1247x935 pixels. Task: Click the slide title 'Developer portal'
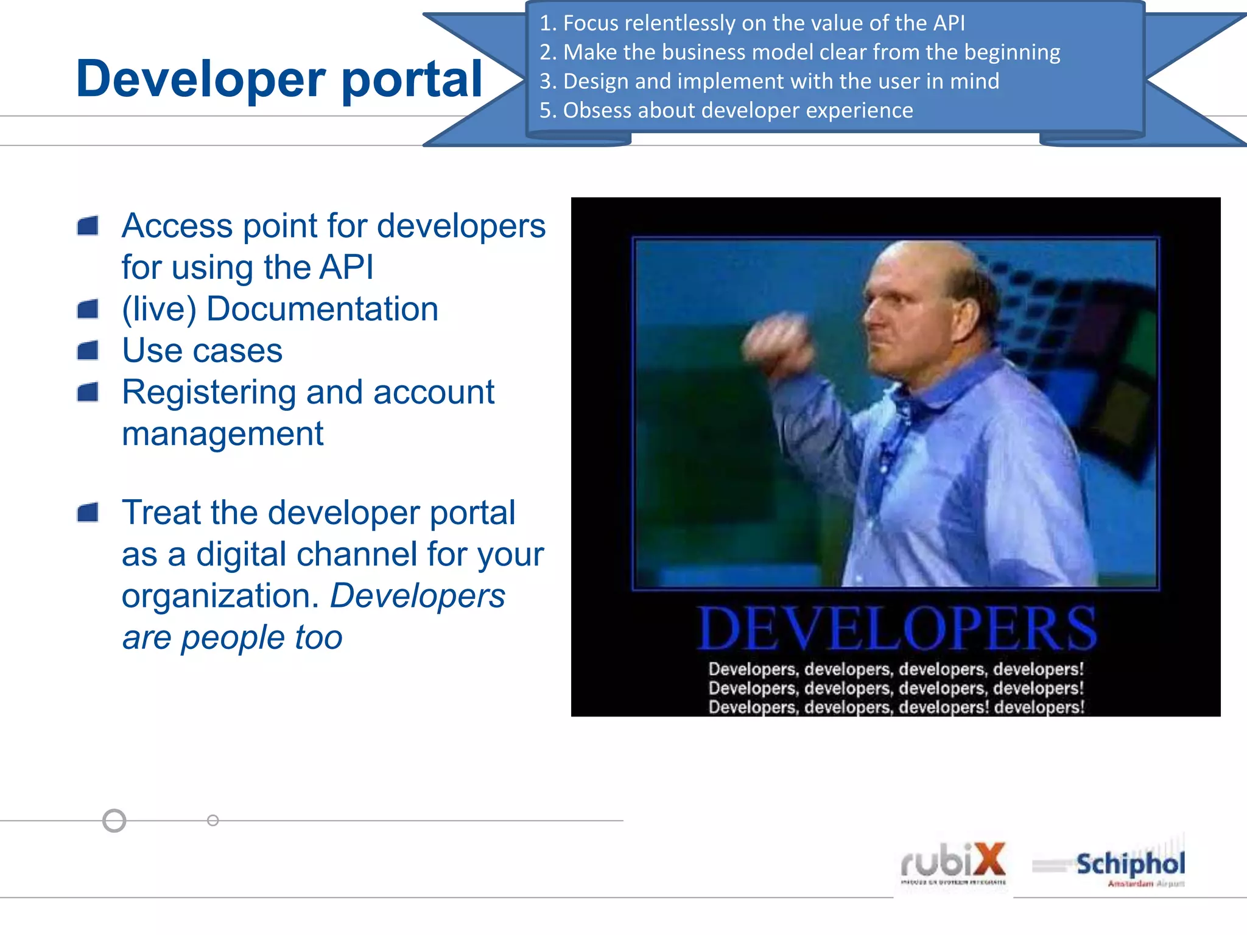279,79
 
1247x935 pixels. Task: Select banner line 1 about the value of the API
751,23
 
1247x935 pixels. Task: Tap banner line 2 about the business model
799,52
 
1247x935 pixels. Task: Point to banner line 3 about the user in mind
768,81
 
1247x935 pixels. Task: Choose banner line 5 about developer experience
726,110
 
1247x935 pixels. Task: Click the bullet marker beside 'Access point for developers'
88,226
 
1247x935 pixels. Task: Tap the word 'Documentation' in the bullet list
322,309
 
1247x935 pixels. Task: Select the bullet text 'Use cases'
202,351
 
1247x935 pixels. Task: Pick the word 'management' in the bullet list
222,434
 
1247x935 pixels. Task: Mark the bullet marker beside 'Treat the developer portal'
88,513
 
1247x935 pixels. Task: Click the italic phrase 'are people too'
232,637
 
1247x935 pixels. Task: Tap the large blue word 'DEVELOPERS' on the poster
896,628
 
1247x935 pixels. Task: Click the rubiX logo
953,863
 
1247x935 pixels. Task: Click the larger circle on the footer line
114,821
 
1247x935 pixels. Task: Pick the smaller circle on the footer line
213,821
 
